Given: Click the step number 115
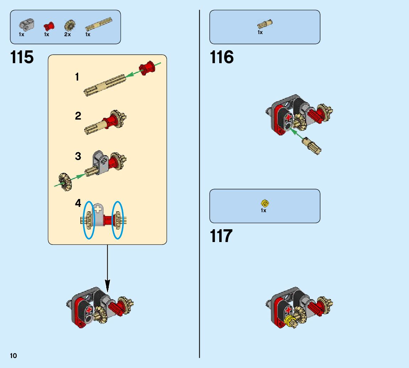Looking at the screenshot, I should (22, 57).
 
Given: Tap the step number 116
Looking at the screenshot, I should (222, 57).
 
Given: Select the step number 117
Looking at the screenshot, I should (221, 236).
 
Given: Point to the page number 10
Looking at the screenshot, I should (14, 356).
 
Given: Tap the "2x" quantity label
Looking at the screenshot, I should (68, 34).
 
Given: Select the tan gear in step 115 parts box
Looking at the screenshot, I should (69, 26).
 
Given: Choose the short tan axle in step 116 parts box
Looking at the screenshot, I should (265, 24).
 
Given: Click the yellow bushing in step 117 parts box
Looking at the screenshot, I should (265, 203).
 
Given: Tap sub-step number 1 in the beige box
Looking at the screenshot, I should (77, 77).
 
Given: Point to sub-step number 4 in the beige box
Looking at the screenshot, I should (78, 203).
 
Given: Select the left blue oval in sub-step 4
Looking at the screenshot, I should (89, 220).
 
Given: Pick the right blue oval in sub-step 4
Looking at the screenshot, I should (117, 220).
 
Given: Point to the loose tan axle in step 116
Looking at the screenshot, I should (312, 146).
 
